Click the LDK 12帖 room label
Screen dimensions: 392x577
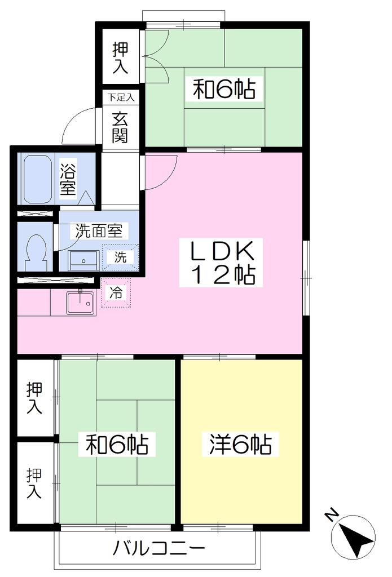[x=221, y=263]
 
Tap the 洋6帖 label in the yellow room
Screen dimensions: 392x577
[x=240, y=445]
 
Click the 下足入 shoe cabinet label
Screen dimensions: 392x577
[x=121, y=97]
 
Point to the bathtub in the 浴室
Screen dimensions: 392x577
[x=37, y=179]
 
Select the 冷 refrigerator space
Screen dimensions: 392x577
[x=116, y=292]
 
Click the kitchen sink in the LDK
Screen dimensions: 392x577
[x=81, y=303]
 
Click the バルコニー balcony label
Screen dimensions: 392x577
[x=159, y=548]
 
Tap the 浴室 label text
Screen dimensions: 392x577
[x=68, y=179]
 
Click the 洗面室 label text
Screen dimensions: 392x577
[x=99, y=230]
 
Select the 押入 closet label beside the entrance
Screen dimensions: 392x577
[x=121, y=58]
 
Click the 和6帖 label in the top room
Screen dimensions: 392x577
[x=224, y=90]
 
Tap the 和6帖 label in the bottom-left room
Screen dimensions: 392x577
[x=117, y=445]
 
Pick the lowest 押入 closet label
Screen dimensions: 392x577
[x=34, y=483]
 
